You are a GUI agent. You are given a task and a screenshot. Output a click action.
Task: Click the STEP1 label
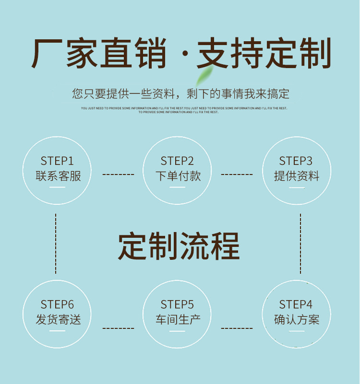tap(57, 161)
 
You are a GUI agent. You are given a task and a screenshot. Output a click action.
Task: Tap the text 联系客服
tap(58, 176)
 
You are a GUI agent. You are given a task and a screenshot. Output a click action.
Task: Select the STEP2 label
tap(177, 161)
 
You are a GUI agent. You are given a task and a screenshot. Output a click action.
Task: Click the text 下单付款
tap(178, 176)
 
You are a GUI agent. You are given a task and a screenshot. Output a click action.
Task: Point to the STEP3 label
tap(296, 161)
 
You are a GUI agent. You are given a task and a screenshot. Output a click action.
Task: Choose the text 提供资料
tap(296, 176)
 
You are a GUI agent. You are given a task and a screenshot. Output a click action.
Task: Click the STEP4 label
tap(296, 304)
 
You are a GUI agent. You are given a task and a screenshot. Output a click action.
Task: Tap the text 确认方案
tap(296, 319)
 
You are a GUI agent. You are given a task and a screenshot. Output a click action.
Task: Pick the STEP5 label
tap(177, 304)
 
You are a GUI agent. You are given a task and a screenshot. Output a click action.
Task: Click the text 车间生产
tap(178, 319)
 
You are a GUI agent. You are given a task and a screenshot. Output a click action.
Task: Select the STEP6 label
tap(57, 304)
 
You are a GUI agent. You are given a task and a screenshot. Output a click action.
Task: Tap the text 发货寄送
tap(58, 319)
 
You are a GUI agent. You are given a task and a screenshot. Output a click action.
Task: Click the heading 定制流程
tap(179, 246)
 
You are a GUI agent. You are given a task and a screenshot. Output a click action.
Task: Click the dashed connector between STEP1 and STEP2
tap(118, 175)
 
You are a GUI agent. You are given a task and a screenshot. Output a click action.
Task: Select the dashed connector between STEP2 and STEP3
tap(237, 175)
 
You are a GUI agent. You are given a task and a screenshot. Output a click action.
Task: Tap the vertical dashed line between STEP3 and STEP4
tap(301, 243)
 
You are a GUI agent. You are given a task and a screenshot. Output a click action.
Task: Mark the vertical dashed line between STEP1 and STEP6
tap(56, 243)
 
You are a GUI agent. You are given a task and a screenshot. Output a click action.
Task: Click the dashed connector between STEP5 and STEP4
tap(237, 328)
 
